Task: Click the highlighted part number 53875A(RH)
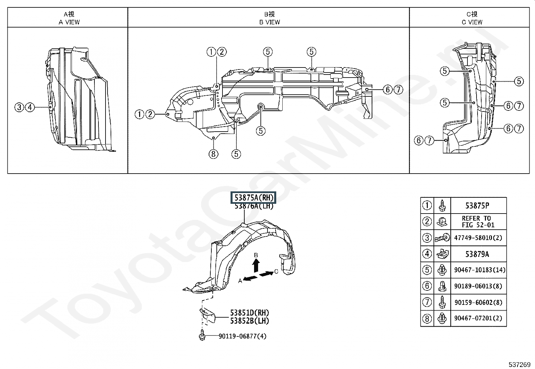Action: click(x=253, y=198)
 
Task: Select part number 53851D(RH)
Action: click(x=249, y=313)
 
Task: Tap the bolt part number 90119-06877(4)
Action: click(x=242, y=336)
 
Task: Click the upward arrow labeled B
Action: click(x=256, y=265)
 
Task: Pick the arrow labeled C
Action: click(x=267, y=274)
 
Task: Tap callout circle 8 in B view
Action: click(x=213, y=154)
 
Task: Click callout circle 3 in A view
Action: click(x=19, y=107)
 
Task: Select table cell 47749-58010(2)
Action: click(x=478, y=238)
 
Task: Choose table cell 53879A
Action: click(x=477, y=254)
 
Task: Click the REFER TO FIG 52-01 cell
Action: click(x=478, y=222)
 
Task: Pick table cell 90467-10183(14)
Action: click(x=480, y=270)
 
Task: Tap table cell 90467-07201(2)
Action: click(x=478, y=318)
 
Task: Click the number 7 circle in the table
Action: click(x=427, y=302)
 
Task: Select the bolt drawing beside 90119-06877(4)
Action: click(x=202, y=336)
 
